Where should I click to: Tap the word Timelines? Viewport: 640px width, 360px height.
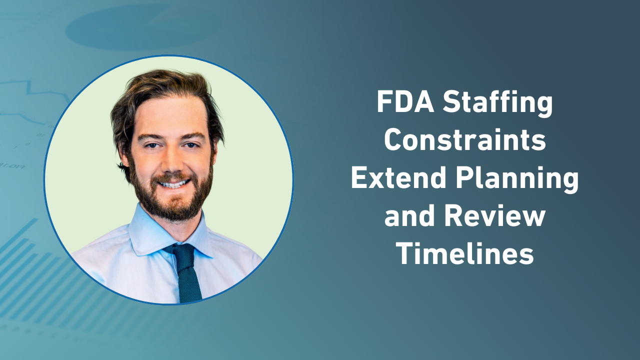[x=464, y=254]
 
